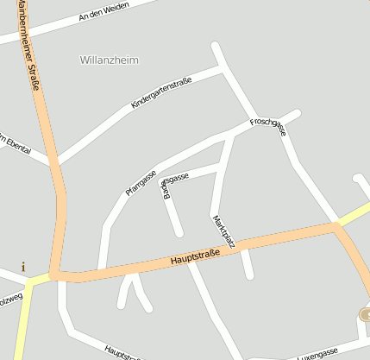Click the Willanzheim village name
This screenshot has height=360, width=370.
click(x=109, y=60)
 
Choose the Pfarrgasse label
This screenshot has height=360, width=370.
click(x=141, y=182)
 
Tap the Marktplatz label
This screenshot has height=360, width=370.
click(x=223, y=232)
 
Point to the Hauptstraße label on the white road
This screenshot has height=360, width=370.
click(x=122, y=351)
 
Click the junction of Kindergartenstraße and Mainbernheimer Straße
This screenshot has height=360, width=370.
click(x=57, y=164)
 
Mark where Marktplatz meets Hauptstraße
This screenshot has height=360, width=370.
click(x=243, y=245)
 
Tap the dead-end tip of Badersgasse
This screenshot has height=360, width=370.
click(x=179, y=233)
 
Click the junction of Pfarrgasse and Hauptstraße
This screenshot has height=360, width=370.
click(x=101, y=269)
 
